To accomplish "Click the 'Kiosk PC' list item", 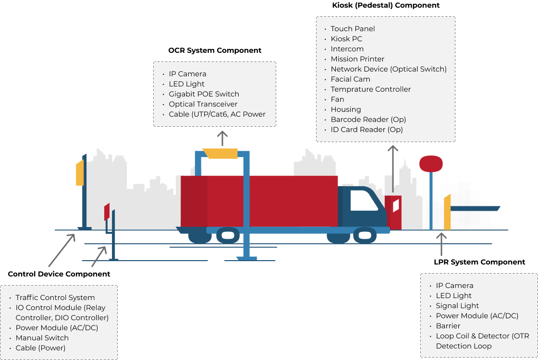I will (346, 39).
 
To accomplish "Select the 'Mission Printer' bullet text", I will (357, 59).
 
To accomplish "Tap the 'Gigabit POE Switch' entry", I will (204, 94).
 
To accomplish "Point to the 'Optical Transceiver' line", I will (203, 104).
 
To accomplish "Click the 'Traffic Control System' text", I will (55, 298).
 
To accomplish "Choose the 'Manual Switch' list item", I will (42, 338).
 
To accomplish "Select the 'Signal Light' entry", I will (457, 306).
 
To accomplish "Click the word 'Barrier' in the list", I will (448, 326).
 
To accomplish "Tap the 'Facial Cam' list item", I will (350, 79).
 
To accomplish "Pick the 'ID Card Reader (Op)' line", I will (367, 130).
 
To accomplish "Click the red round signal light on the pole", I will (431, 164).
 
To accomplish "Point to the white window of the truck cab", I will (364, 201).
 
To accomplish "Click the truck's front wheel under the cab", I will (365, 235).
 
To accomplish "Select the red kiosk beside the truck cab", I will (393, 212).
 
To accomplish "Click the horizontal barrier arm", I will (475, 209).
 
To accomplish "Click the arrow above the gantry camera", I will (222, 138).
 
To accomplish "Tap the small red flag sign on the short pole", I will (107, 211).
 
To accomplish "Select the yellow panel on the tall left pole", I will (80, 173).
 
